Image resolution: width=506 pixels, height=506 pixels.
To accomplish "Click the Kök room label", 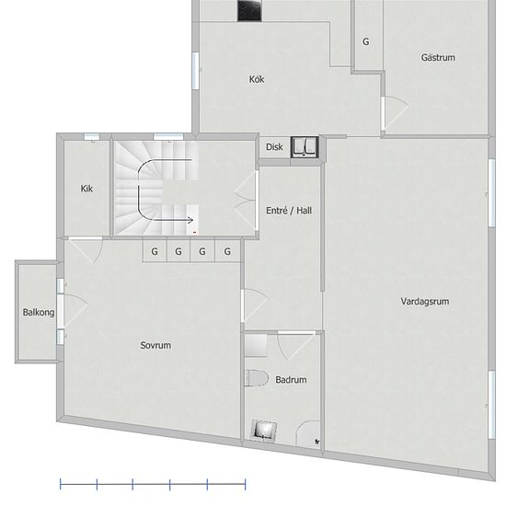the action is (x=257, y=79).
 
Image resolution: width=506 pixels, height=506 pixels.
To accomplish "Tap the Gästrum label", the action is (x=438, y=57).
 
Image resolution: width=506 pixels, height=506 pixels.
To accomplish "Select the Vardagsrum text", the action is (x=425, y=302).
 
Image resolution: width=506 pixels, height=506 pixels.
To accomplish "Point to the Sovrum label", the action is (x=155, y=345).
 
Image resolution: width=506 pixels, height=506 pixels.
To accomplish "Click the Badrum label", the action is (x=291, y=379).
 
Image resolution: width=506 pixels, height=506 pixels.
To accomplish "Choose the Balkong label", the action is (x=39, y=313).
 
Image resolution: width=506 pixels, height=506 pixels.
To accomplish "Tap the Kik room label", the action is (x=86, y=189).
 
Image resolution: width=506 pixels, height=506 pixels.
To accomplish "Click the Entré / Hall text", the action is (x=289, y=211).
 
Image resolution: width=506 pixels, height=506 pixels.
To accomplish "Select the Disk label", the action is (x=274, y=147).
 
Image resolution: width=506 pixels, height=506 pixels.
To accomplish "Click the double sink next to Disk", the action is (x=305, y=147).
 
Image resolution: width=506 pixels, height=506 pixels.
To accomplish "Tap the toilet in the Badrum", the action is (x=257, y=378).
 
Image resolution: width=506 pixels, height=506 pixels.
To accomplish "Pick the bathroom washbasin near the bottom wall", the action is (x=264, y=431).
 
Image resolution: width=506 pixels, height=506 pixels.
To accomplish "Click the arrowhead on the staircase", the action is (x=190, y=220).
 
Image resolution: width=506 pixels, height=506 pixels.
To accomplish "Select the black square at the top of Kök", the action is (x=249, y=11).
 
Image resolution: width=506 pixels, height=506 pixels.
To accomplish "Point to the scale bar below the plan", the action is (x=153, y=484).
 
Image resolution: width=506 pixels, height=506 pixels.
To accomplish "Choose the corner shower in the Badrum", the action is (x=308, y=434).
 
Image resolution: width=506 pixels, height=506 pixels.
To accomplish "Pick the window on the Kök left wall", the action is (x=195, y=71).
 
